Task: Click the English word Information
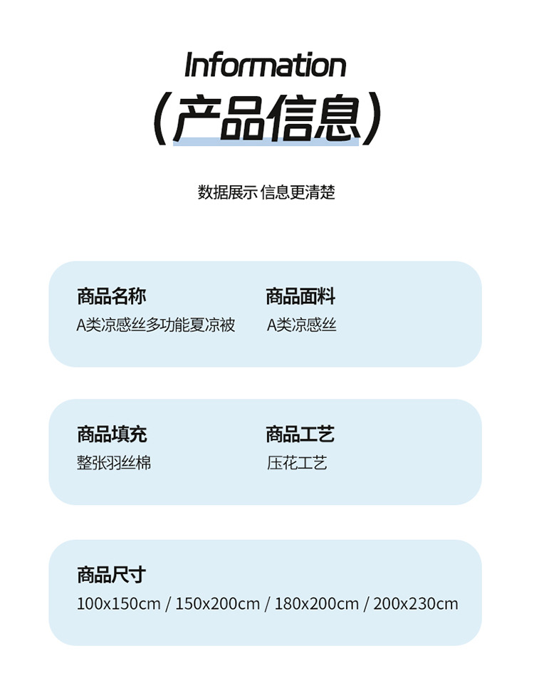[265, 66]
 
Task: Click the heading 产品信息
[266, 118]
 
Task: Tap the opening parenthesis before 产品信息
[161, 118]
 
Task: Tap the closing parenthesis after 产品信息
[371, 118]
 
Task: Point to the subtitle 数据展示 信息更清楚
[266, 192]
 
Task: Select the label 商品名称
[112, 297]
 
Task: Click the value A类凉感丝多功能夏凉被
[156, 325]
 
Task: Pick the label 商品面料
[300, 297]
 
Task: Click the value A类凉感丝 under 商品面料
[302, 325]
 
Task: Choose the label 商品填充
[112, 434]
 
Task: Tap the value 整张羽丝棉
[114, 464]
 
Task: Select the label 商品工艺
[300, 434]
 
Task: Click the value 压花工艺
[297, 464]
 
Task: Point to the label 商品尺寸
[112, 575]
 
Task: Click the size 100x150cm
[118, 605]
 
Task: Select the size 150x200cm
[217, 605]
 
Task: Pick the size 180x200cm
[316, 605]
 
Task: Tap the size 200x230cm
[416, 605]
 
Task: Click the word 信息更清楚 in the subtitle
[298, 192]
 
